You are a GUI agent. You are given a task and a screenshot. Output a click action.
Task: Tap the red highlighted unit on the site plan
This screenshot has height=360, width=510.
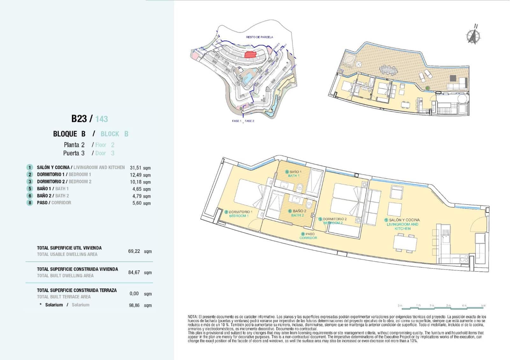tap(251, 54)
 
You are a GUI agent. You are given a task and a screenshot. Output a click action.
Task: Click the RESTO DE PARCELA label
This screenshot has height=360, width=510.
tap(259, 37)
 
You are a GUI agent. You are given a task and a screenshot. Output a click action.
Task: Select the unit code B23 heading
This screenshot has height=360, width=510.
tap(79, 119)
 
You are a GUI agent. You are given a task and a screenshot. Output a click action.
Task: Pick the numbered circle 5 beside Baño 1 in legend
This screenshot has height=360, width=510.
tap(30, 189)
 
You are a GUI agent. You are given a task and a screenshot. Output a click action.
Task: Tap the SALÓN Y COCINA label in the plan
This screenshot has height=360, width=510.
tap(404, 220)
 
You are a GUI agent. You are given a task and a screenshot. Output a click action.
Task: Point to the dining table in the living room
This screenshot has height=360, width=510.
tap(405, 243)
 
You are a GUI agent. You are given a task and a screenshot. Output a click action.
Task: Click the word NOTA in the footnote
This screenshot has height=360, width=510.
tap(193, 317)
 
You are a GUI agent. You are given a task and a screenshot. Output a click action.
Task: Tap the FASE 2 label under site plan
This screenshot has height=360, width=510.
tap(249, 121)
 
